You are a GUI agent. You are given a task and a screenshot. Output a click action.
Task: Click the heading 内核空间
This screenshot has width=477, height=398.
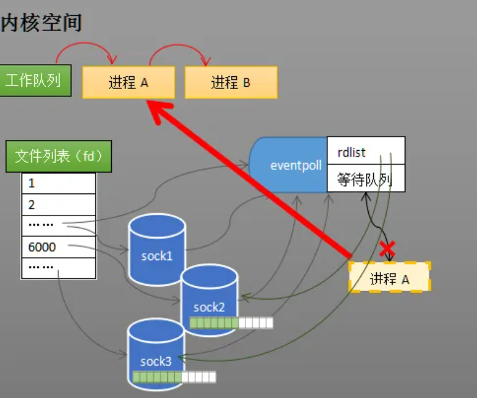(41, 23)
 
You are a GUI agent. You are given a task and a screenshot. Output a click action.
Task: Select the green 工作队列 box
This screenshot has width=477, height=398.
(33, 81)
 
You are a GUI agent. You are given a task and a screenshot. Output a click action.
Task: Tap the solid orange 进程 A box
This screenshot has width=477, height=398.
(129, 82)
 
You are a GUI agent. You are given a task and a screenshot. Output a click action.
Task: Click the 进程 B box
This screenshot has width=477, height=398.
(231, 82)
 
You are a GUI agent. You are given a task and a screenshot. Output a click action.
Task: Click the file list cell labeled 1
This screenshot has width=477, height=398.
(59, 183)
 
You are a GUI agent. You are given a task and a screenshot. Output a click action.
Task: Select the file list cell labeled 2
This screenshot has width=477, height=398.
(59, 204)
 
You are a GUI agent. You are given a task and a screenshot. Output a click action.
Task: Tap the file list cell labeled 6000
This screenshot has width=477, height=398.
(59, 247)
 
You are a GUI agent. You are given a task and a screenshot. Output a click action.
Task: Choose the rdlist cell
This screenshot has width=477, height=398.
(366, 151)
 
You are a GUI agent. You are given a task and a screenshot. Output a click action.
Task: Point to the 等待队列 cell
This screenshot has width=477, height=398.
(366, 179)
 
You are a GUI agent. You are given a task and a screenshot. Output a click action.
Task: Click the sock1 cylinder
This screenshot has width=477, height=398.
(156, 250)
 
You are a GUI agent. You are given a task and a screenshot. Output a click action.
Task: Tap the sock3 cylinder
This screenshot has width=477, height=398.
(156, 354)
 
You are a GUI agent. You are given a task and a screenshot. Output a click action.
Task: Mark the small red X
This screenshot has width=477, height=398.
(387, 248)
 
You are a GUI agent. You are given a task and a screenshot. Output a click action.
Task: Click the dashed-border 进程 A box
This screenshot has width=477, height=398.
(390, 278)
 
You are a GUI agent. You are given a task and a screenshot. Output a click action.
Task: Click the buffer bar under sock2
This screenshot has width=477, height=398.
(231, 324)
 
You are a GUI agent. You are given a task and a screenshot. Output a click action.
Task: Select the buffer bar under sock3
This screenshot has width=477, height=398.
(174, 377)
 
